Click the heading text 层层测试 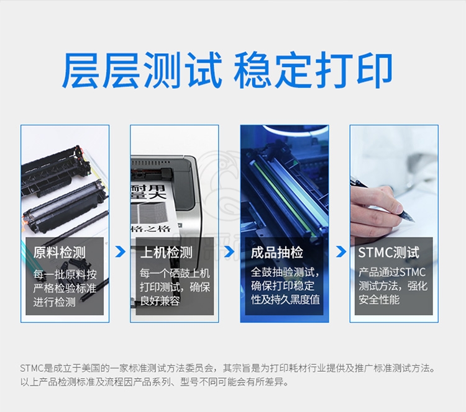pyautogui.click(x=142, y=70)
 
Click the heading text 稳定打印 pyautogui.click(x=313, y=70)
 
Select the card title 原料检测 pyautogui.click(x=59, y=253)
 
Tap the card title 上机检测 pyautogui.click(x=166, y=253)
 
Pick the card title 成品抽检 pyautogui.click(x=276, y=253)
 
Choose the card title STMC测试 pyautogui.click(x=388, y=253)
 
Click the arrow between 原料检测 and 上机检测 pyautogui.click(x=121, y=251)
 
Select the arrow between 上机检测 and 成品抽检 pyautogui.click(x=229, y=251)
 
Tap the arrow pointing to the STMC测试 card pyautogui.click(x=341, y=251)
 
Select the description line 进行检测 pyautogui.click(x=54, y=302)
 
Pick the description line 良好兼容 pyautogui.click(x=160, y=301)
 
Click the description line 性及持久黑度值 pyautogui.click(x=285, y=300)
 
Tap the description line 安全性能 pyautogui.click(x=379, y=300)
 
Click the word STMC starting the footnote pyautogui.click(x=32, y=369)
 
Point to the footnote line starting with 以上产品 pyautogui.click(x=155, y=382)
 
